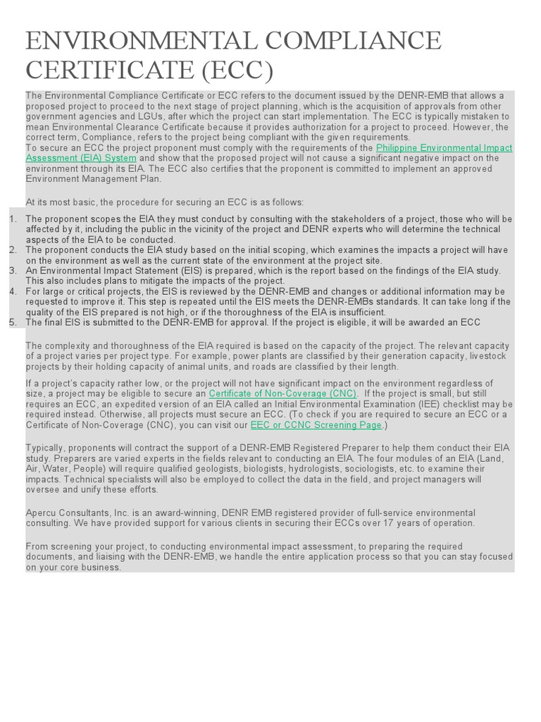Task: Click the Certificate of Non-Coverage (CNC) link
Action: (283, 393)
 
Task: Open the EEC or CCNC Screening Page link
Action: (316, 425)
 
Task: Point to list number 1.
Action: (13, 219)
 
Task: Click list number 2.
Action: (13, 250)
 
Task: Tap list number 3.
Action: (13, 271)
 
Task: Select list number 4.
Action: (13, 291)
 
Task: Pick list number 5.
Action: (13, 322)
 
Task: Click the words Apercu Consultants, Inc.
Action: (73, 513)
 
